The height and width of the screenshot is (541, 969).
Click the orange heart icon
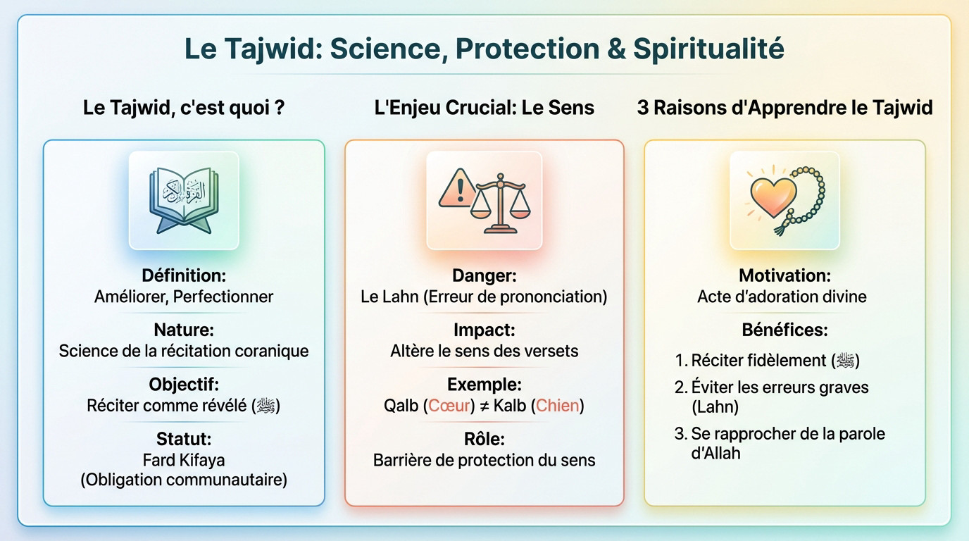(773, 197)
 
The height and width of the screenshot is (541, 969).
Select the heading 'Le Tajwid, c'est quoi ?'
(184, 108)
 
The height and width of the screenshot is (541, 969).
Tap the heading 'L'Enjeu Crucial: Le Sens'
(484, 108)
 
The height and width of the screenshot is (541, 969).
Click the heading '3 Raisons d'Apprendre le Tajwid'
(784, 108)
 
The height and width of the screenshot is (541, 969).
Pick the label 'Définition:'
(184, 275)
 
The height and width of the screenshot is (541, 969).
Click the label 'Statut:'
(184, 439)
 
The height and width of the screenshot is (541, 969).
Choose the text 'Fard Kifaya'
(184, 460)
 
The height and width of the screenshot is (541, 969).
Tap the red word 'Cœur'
(449, 406)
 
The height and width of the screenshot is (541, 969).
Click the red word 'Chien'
(558, 406)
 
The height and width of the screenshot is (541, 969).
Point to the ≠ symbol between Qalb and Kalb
(484, 406)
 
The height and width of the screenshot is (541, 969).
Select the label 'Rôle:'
(484, 439)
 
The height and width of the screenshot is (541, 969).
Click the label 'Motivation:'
(784, 275)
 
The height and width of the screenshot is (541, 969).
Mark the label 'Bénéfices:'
(784, 330)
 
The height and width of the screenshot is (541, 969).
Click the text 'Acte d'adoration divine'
(782, 297)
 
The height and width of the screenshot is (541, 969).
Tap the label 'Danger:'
(484, 275)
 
